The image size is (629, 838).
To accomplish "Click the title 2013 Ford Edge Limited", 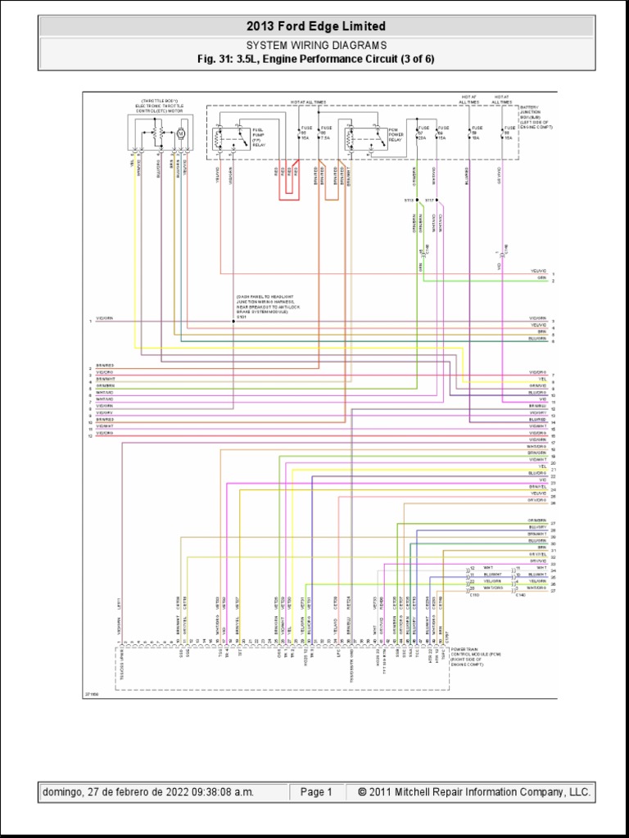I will [x=315, y=27].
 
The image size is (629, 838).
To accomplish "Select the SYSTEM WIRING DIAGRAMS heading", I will [x=315, y=46].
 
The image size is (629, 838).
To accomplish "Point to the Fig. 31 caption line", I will [x=315, y=59].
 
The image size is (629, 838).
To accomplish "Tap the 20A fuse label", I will [x=423, y=138].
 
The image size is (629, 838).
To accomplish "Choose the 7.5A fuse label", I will [x=326, y=138].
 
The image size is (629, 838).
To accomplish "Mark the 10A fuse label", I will [x=474, y=138].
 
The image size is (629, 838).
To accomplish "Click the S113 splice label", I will [x=408, y=199].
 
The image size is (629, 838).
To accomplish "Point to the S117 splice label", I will [x=430, y=199].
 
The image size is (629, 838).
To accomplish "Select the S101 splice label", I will [x=242, y=316].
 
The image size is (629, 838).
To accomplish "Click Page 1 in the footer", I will [x=316, y=792].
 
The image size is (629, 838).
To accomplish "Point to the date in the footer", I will [x=147, y=792].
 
